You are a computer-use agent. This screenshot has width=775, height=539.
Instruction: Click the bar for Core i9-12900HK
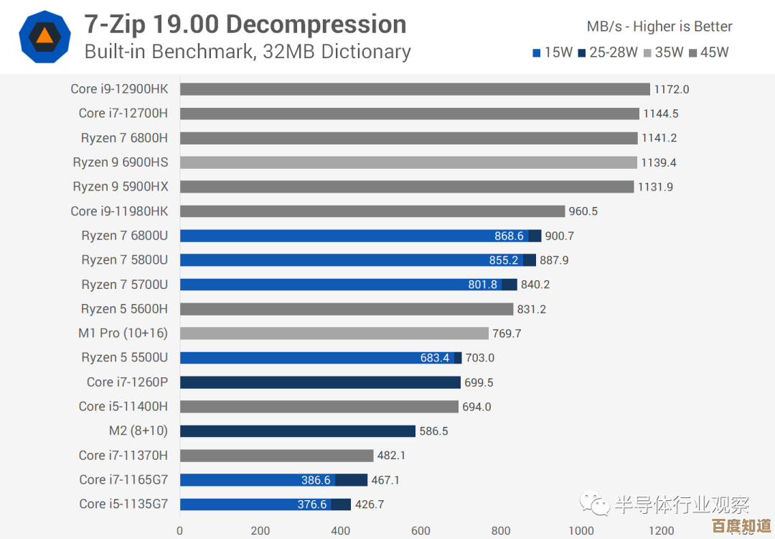point(415,89)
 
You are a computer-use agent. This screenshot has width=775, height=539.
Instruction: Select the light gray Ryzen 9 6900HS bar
point(408,162)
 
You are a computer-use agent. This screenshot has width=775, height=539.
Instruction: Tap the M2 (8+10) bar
point(298,431)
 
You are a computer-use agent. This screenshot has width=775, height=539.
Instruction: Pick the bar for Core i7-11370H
point(276,456)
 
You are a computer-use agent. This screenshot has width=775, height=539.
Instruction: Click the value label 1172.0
point(672,89)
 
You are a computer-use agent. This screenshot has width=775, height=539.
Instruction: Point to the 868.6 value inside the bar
point(509,236)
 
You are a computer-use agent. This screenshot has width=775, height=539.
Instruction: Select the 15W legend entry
point(552,52)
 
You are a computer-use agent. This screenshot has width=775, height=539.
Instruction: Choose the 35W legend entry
point(663,52)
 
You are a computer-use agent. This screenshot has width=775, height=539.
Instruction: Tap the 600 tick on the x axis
point(421,531)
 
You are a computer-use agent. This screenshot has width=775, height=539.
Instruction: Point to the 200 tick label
point(260,531)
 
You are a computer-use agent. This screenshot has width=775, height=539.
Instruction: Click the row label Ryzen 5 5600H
point(124,309)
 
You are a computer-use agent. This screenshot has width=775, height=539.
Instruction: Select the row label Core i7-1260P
point(127,382)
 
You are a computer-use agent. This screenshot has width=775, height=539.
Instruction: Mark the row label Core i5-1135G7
point(123,505)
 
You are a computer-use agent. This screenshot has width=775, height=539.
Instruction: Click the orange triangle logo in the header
point(44,36)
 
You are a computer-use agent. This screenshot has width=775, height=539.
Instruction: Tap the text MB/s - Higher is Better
point(659,27)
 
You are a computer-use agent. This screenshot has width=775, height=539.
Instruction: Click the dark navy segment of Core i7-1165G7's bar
point(352,480)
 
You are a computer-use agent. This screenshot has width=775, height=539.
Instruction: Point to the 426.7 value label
point(370,505)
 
